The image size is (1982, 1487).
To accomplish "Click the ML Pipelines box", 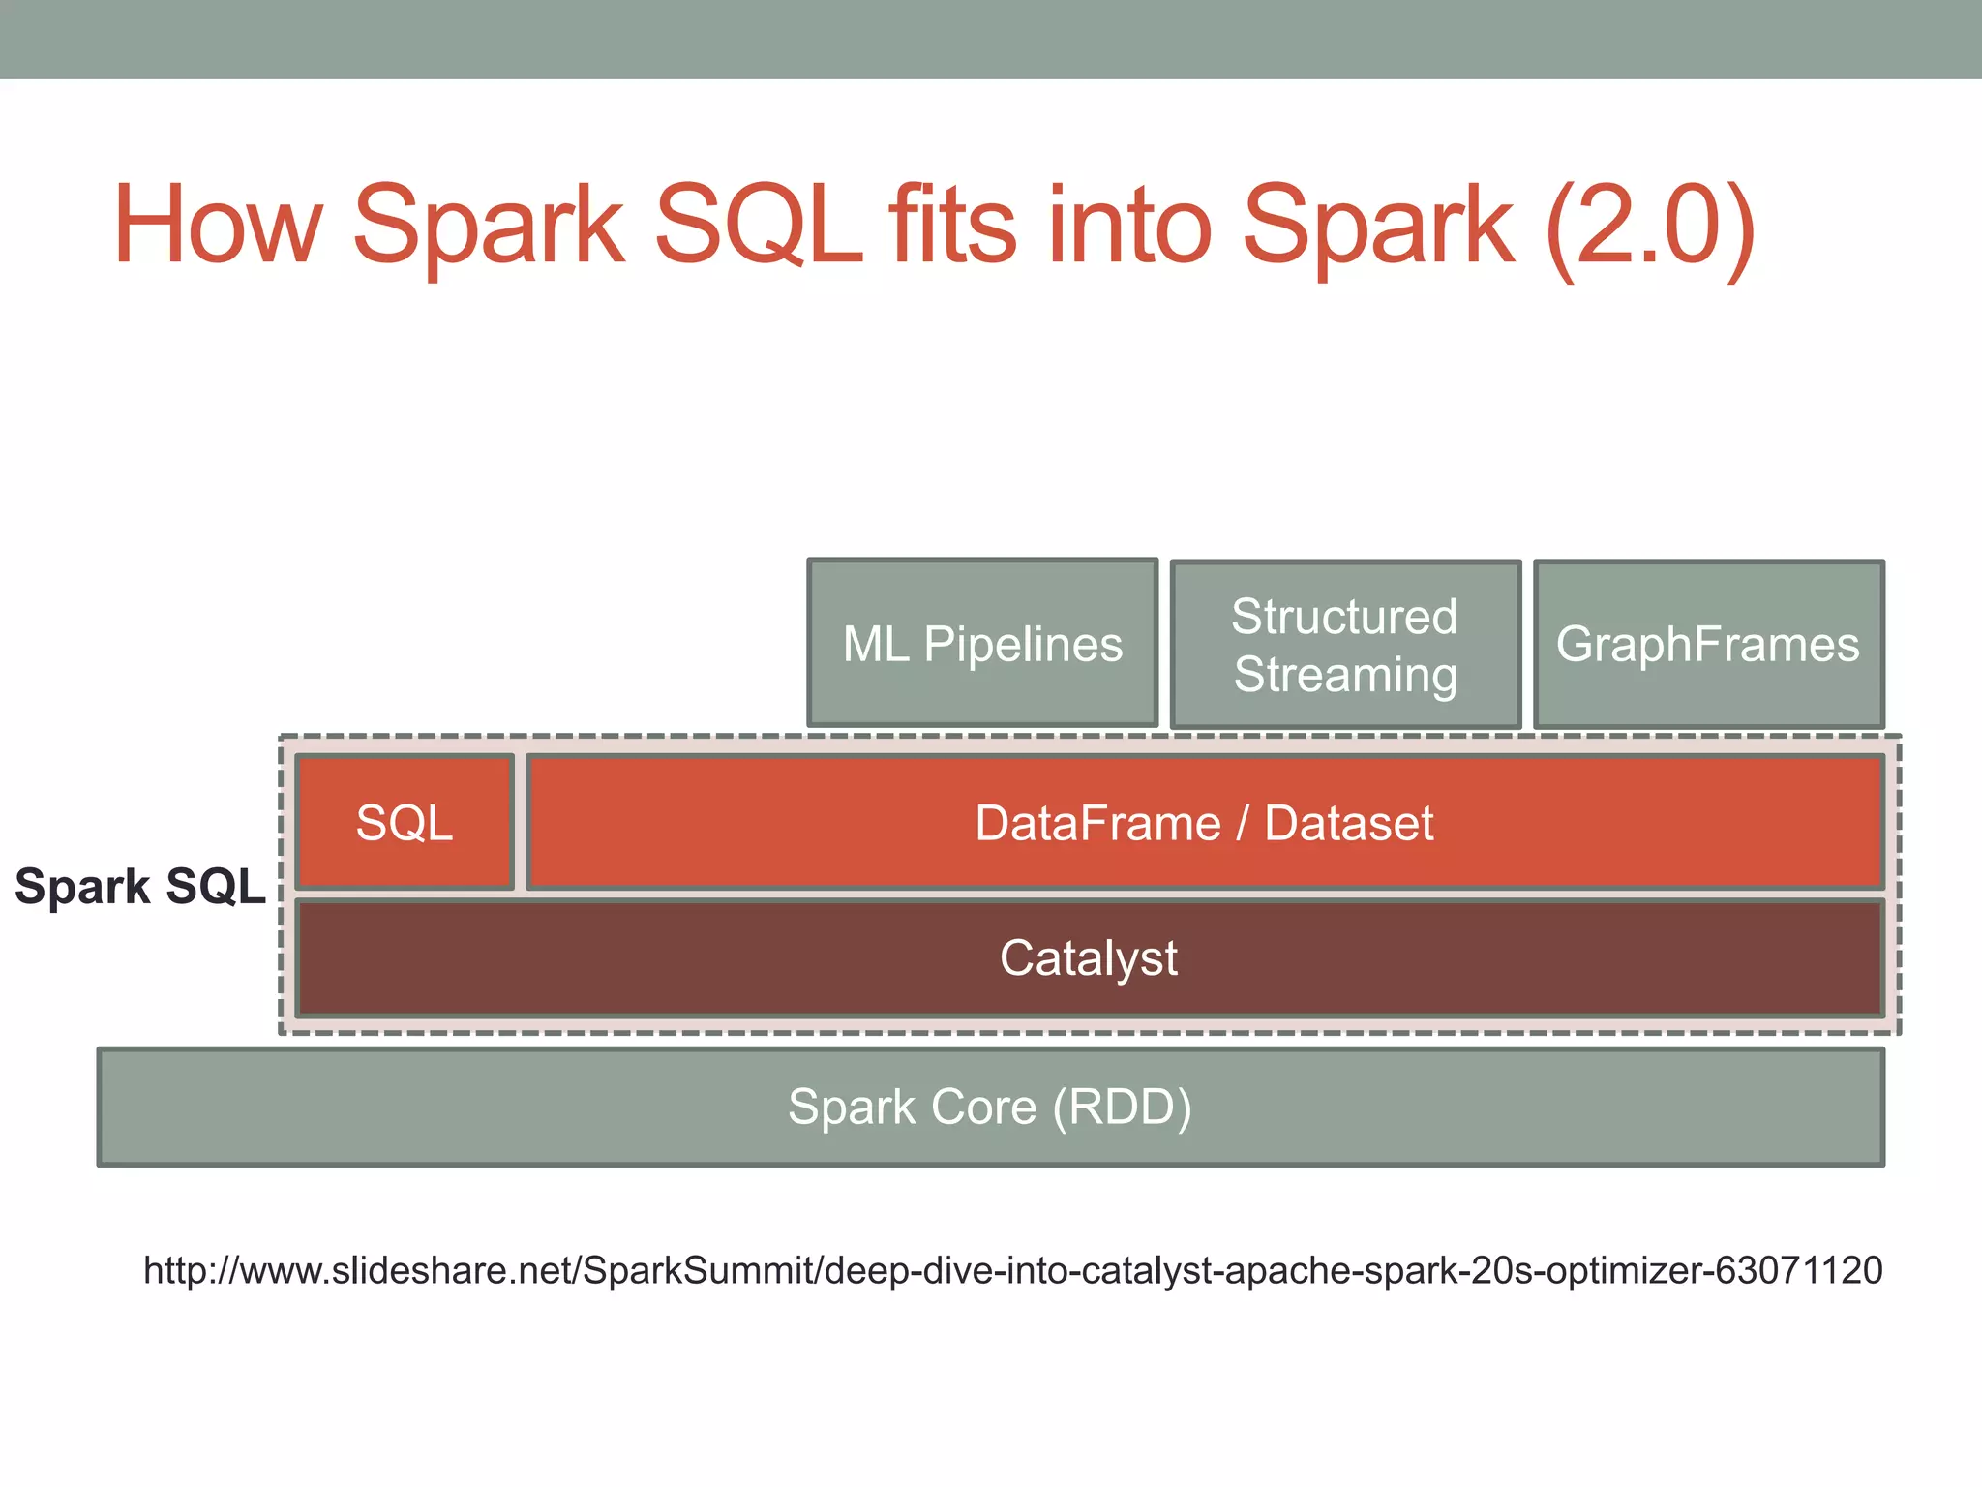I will pos(982,643).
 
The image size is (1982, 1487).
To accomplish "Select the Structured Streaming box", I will pos(1345,645).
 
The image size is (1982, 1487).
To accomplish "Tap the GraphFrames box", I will pos(1708,645).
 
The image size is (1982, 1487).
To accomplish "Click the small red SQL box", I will pos(405,823).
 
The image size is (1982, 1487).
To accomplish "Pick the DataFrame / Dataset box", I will pos(1204,823).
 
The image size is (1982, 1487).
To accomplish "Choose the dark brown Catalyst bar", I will pos(1089,958).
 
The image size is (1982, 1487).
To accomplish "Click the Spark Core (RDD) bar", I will pos(990,1107).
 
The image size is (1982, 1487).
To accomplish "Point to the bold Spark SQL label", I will pos(140,886).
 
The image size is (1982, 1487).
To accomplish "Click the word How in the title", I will pos(218,226).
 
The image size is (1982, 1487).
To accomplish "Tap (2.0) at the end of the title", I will pos(1650,226).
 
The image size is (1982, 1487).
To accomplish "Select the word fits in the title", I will pos(954,226).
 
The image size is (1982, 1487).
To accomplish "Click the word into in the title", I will pos(1129,226).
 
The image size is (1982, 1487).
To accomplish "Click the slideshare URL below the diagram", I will pos(1012,1270).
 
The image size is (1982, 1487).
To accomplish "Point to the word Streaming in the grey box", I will pos(1345,674).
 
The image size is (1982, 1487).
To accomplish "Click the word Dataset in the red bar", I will pos(1348,823).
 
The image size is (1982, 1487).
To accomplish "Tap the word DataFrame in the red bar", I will pos(1097,823).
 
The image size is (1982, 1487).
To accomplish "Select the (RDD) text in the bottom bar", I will pos(1123,1107).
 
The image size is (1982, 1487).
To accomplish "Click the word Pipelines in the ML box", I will pos(1023,644).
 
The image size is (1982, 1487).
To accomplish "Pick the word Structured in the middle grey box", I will pos(1344,617).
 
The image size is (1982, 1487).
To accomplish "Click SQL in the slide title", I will pos(759,226).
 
